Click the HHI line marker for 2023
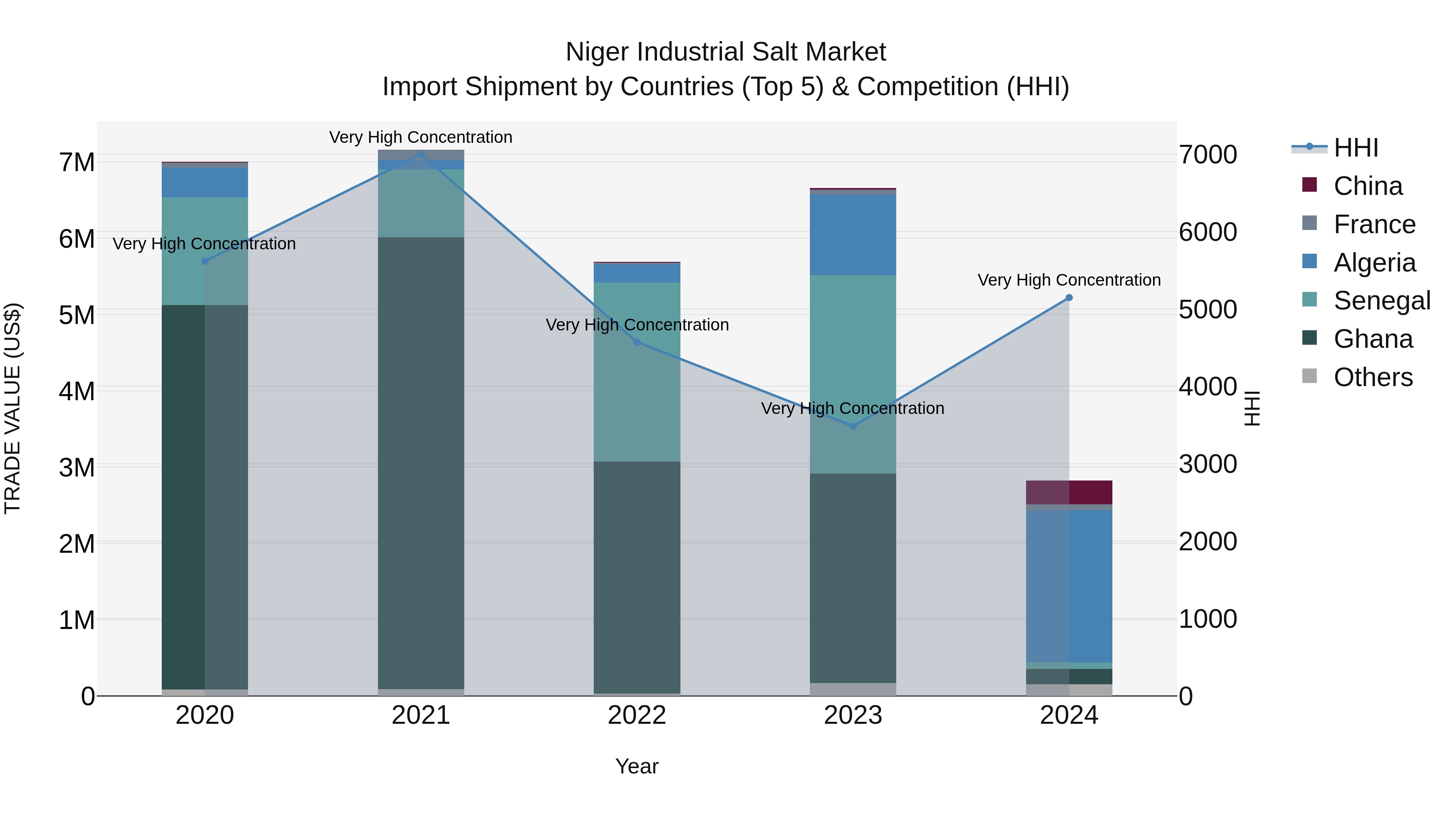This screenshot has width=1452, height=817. (853, 426)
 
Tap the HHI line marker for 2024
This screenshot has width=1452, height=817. (1069, 298)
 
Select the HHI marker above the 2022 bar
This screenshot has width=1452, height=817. (637, 342)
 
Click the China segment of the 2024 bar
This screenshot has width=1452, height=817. (1069, 492)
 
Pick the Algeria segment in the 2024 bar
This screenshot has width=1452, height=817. (1069, 586)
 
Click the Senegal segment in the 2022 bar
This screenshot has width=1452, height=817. (637, 372)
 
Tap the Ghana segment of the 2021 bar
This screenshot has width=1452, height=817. (421, 462)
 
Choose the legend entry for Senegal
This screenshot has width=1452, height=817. (1381, 301)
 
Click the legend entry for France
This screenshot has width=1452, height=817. (1374, 224)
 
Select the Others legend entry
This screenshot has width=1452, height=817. (1373, 377)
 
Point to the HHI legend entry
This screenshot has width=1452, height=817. (1356, 148)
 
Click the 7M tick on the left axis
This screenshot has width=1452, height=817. (77, 162)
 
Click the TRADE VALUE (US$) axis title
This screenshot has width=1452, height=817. (13, 408)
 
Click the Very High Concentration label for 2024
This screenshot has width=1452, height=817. (1069, 280)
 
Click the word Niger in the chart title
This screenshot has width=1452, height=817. (597, 52)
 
